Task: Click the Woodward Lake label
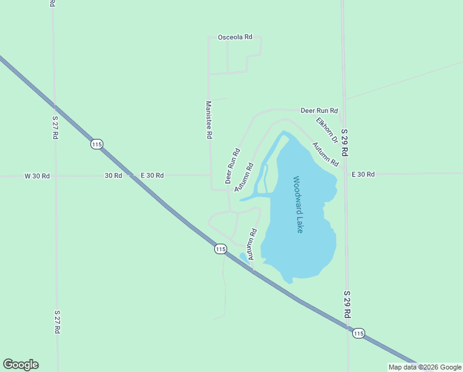[298, 205]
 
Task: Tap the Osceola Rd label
[235, 37]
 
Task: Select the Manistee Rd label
[209, 120]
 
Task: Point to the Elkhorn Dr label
[326, 130]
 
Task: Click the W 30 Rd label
[37, 175]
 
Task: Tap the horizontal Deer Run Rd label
[319, 110]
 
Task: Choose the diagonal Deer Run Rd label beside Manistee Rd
[232, 166]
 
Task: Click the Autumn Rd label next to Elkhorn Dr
[325, 154]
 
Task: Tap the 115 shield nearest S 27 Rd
[96, 144]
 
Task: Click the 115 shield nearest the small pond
[220, 249]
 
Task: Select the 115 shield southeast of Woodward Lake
[358, 333]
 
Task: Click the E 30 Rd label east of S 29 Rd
[363, 174]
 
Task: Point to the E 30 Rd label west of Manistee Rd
[152, 175]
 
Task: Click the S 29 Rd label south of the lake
[347, 304]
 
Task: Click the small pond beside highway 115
[244, 257]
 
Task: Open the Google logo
[20, 365]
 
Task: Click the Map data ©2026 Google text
[425, 367]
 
